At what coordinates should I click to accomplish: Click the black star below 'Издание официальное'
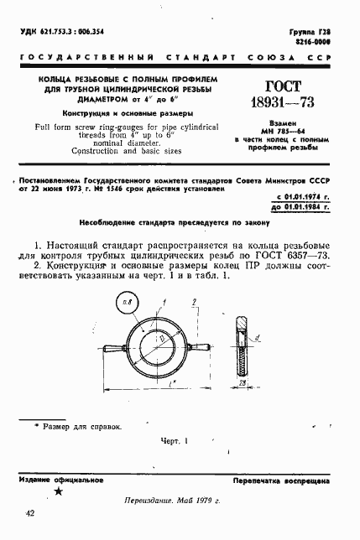(x=56, y=492)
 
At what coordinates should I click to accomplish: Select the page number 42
(x=30, y=513)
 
